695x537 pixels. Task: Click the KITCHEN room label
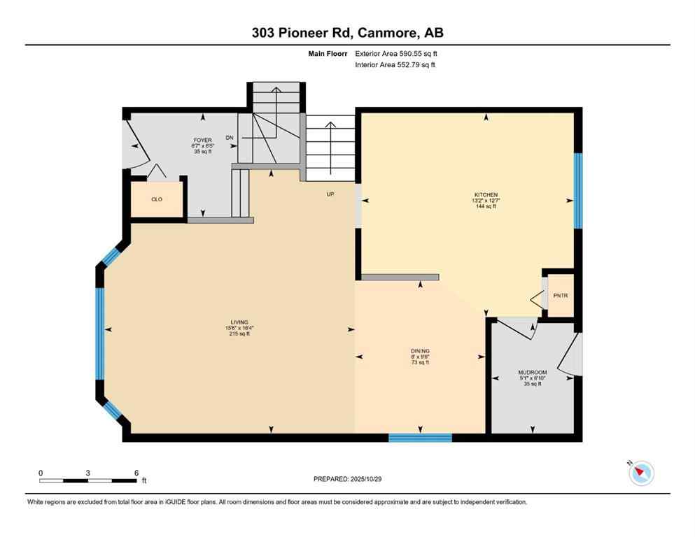[485, 194]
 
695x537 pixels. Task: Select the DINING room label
[420, 351]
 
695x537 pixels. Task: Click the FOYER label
[202, 140]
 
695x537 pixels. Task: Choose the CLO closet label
[157, 199]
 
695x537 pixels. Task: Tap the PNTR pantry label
[561, 296]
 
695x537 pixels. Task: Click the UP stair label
[330, 194]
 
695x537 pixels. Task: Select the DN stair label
[229, 138]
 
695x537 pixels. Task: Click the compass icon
[641, 473]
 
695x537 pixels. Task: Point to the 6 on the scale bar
[136, 473]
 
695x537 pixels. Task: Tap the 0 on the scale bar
[41, 473]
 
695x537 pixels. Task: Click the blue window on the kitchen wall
[577, 190]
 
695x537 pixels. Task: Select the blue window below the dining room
[420, 438]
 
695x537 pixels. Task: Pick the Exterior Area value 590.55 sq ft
[419, 53]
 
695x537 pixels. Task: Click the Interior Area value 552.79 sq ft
[417, 65]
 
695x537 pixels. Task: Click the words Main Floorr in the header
[331, 53]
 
